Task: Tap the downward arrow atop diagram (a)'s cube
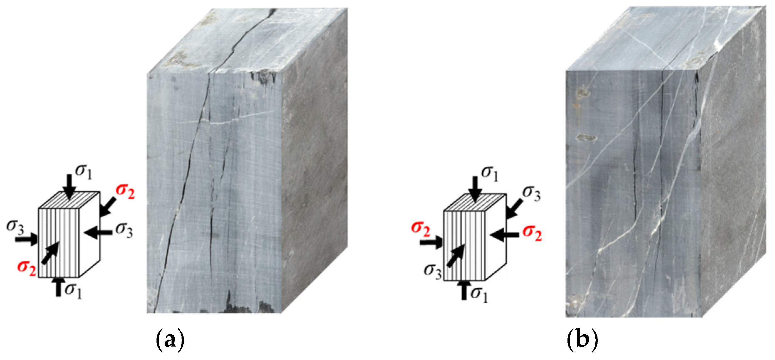[x=69, y=187]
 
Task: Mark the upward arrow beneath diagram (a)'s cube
[x=58, y=287]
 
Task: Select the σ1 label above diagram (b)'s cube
[x=490, y=173]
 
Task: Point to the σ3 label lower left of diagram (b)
[x=433, y=271]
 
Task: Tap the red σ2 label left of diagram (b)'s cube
[x=420, y=228]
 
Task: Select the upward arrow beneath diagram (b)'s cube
[x=464, y=290]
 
